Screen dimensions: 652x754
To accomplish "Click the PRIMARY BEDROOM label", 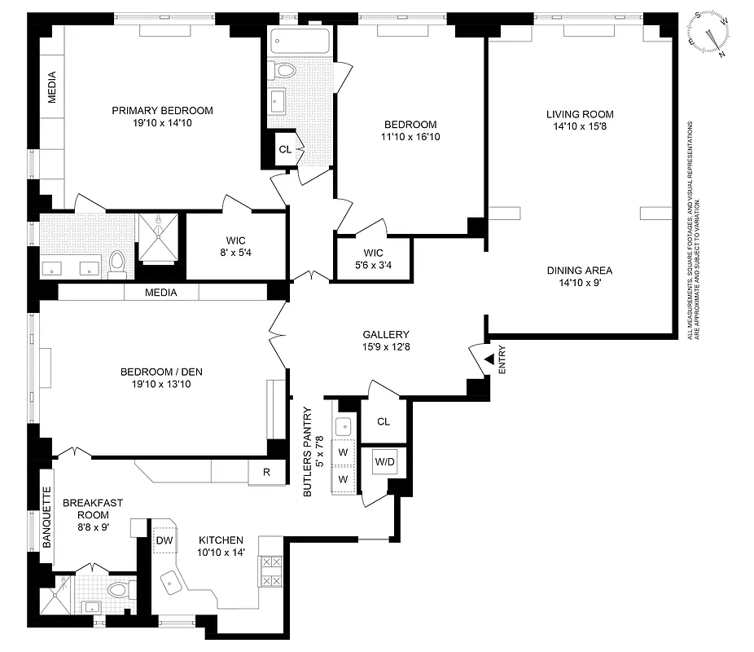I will click(x=162, y=111).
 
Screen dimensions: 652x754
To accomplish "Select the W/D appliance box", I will click(x=384, y=462).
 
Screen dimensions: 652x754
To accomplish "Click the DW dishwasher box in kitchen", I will click(x=163, y=540).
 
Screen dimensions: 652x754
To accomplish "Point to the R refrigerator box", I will click(x=266, y=472).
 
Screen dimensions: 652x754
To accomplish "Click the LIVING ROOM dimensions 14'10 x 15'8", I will click(x=580, y=127).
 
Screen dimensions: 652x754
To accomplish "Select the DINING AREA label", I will click(x=579, y=271).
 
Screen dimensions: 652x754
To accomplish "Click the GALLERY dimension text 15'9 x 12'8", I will click(x=386, y=347).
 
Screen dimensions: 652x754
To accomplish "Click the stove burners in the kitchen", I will click(x=270, y=570).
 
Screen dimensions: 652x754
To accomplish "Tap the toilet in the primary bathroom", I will click(x=116, y=262).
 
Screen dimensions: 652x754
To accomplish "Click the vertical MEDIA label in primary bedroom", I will click(x=52, y=88).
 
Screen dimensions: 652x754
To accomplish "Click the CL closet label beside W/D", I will click(x=384, y=422).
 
